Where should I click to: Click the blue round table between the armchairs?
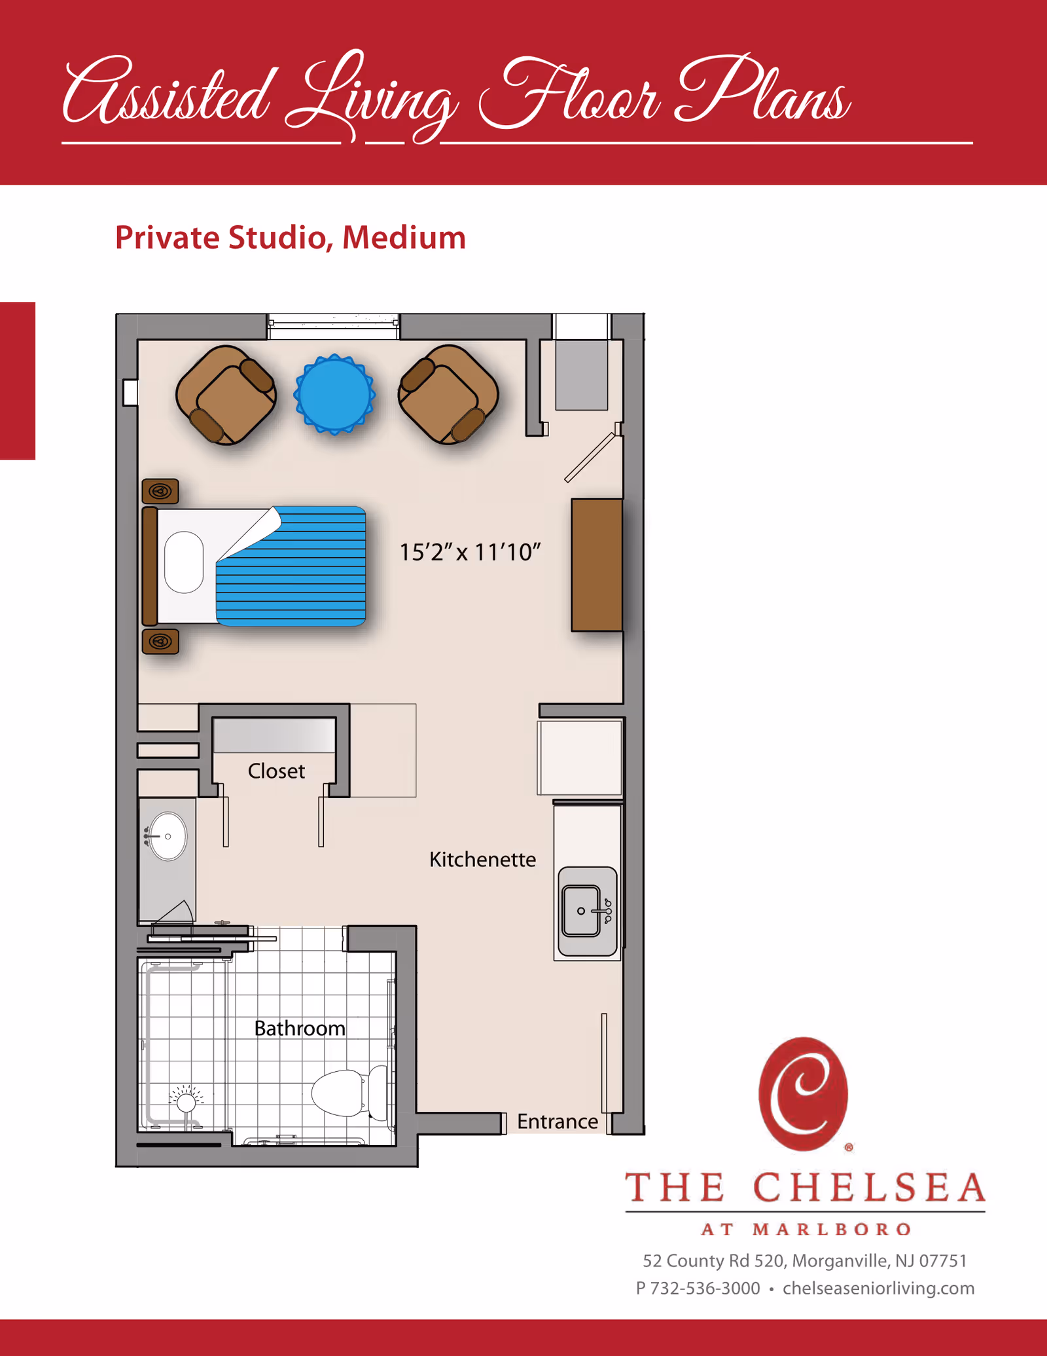tap(334, 394)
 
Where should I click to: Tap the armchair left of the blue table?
tap(226, 395)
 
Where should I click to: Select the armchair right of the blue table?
tap(448, 394)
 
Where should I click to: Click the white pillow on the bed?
tap(184, 562)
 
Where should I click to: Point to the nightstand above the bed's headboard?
tap(160, 490)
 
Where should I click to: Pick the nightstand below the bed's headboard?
tap(160, 641)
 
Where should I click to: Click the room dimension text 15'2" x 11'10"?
tap(470, 552)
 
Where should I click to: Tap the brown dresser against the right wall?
tap(596, 564)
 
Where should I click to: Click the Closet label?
tap(276, 771)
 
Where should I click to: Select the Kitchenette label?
tap(482, 859)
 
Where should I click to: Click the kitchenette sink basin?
tap(581, 911)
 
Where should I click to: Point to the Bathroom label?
tap(300, 1028)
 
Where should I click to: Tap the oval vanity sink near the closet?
tap(168, 836)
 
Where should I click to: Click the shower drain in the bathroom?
tap(186, 1103)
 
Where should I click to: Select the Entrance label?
tap(558, 1122)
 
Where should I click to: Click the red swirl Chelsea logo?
tap(803, 1093)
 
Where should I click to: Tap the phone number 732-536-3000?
tap(705, 1288)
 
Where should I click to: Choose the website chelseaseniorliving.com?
tap(878, 1288)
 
